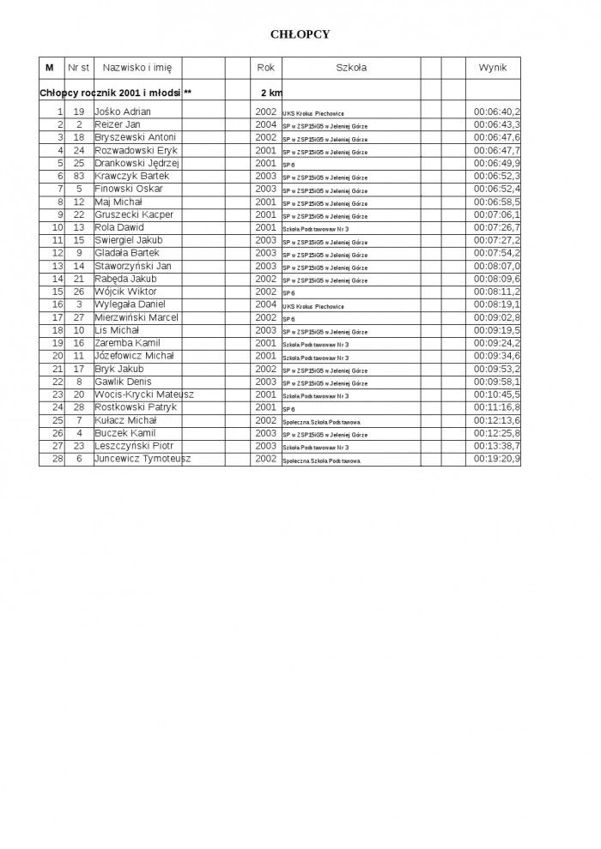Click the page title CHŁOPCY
click(300, 34)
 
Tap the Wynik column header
click(493, 67)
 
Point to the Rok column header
click(265, 67)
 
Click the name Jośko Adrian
click(124, 111)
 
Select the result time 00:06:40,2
click(497, 111)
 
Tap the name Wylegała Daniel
click(130, 304)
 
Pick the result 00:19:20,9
click(497, 459)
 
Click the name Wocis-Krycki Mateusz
click(144, 394)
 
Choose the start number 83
click(79, 176)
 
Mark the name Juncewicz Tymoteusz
click(143, 459)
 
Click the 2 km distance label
click(270, 92)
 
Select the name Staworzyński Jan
click(134, 266)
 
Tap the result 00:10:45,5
click(497, 394)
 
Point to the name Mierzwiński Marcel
click(137, 317)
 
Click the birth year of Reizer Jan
click(265, 124)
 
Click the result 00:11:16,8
click(497, 407)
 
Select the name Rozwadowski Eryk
click(136, 150)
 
